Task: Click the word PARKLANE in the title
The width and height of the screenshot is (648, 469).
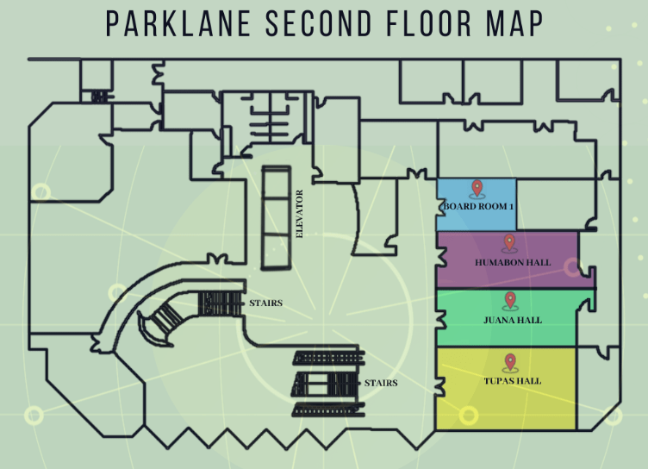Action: click(178, 24)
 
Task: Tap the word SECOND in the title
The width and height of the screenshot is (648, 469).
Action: click(319, 24)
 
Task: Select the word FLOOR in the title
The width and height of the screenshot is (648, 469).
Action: click(428, 24)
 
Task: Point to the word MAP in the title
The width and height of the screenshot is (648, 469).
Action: click(514, 24)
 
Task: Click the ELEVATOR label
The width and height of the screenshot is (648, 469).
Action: click(300, 214)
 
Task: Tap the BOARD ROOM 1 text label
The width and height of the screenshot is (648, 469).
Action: click(478, 206)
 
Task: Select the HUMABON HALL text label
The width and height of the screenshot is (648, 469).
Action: click(513, 262)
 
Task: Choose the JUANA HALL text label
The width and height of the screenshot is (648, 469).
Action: click(513, 320)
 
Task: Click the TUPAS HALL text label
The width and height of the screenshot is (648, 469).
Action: click(513, 380)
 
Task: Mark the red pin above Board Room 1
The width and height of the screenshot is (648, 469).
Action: click(477, 188)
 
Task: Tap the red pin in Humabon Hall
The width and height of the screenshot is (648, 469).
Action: click(509, 243)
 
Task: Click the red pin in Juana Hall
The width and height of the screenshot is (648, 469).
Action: click(510, 300)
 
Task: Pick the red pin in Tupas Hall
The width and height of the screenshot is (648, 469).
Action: click(510, 362)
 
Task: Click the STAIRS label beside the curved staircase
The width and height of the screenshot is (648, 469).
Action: click(265, 303)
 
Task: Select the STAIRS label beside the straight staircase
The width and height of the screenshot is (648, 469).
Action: click(381, 383)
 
